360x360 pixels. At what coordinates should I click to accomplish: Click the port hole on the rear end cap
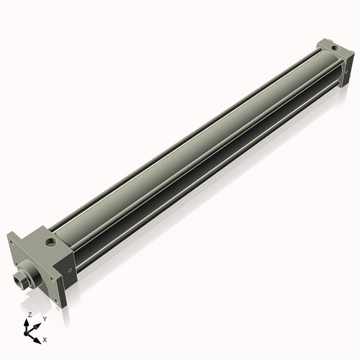(x=336, y=50)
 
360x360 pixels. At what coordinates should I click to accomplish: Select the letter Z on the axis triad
(x=30, y=315)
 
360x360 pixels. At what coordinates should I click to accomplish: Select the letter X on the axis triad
(x=45, y=338)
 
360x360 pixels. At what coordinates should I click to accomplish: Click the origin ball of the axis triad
(x=29, y=332)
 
